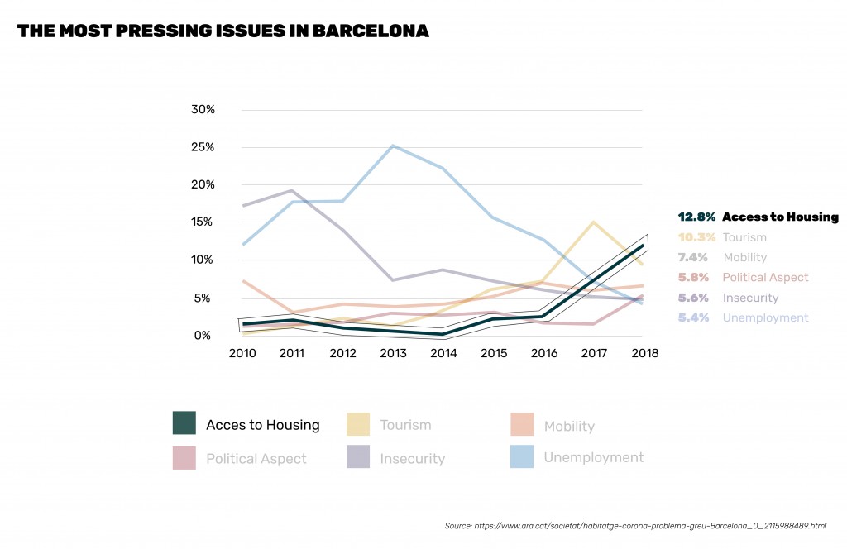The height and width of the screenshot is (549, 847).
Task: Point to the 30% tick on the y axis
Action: (x=203, y=109)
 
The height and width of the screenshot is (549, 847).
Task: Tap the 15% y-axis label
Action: (x=203, y=222)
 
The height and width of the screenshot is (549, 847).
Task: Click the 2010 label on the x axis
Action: (x=242, y=354)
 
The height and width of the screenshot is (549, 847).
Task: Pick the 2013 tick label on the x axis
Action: (x=393, y=354)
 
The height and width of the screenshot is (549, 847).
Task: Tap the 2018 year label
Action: (x=644, y=354)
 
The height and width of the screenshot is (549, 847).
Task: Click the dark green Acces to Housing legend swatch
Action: (x=184, y=423)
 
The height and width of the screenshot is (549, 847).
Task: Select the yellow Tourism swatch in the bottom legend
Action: (x=357, y=423)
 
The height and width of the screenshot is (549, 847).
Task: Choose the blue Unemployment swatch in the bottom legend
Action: (x=521, y=456)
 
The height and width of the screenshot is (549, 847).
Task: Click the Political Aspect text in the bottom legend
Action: (x=256, y=458)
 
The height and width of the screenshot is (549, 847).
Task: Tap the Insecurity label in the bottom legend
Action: (x=412, y=458)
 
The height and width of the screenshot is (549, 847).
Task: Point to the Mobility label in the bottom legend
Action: (x=569, y=427)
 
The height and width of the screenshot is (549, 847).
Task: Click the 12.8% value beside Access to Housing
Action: (x=696, y=217)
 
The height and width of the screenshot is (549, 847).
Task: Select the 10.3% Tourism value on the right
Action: (x=696, y=237)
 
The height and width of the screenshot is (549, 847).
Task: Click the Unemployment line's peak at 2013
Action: (x=393, y=146)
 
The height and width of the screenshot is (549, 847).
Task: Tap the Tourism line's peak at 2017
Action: (x=593, y=222)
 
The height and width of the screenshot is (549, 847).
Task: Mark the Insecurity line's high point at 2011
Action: (x=291, y=191)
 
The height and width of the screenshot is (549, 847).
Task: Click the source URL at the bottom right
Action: (x=635, y=525)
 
